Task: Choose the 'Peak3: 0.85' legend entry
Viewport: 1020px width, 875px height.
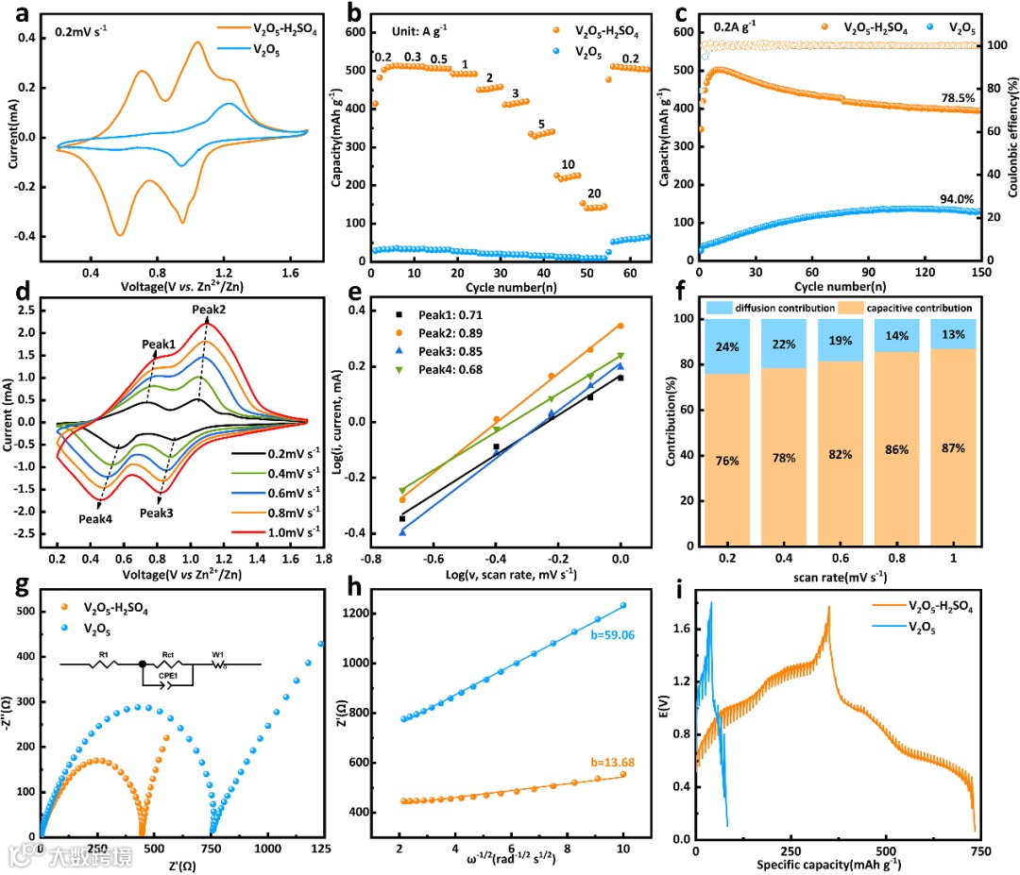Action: point(444,351)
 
